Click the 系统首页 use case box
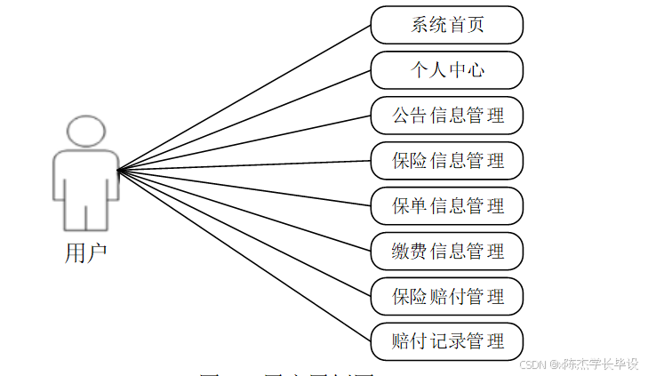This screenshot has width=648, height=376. coord(446,25)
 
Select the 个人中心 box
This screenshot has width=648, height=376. coord(446,70)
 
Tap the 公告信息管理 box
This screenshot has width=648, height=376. coord(446,116)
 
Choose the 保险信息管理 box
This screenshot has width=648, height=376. coord(446,161)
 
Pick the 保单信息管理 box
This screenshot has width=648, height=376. coord(446,206)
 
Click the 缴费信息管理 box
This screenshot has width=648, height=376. coord(446,252)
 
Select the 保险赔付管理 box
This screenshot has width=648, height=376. coord(446,296)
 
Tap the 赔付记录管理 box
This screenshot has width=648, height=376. coord(446,341)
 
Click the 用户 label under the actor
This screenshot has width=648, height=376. coord(85,253)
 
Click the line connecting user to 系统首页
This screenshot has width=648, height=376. coord(244,97)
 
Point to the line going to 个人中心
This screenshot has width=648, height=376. coord(244,120)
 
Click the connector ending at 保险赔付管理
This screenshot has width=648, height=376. coord(244,232)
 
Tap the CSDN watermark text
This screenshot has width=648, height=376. coord(579,364)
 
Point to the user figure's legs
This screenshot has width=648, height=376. coord(85,213)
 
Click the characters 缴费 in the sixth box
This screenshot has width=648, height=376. coord(407,252)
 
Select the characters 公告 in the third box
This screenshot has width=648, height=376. coord(409,116)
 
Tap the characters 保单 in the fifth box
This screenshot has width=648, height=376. coord(409,206)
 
